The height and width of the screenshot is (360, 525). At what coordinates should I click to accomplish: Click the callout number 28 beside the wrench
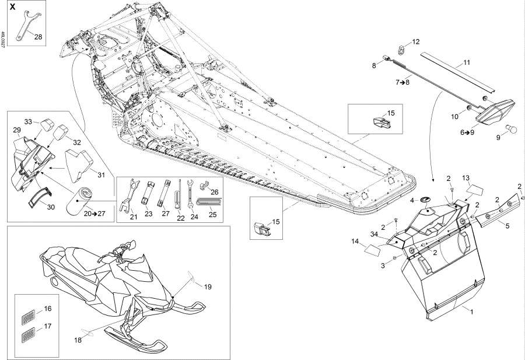coord(38,37)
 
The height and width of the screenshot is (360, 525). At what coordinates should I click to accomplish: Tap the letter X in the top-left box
coord(12,7)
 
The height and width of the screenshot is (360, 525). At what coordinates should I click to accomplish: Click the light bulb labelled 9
coord(509,128)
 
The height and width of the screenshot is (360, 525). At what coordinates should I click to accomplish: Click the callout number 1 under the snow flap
coord(471,312)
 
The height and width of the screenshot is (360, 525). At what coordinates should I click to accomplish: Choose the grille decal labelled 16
coord(28,316)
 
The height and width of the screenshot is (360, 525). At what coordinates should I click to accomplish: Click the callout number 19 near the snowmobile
coord(208,286)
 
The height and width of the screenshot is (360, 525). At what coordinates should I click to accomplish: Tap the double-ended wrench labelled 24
coord(190,195)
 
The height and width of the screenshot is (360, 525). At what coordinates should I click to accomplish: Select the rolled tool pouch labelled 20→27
coord(78,201)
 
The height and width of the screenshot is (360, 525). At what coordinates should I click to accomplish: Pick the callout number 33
coord(28,121)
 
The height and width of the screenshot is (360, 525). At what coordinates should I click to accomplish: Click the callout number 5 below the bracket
coord(508,226)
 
